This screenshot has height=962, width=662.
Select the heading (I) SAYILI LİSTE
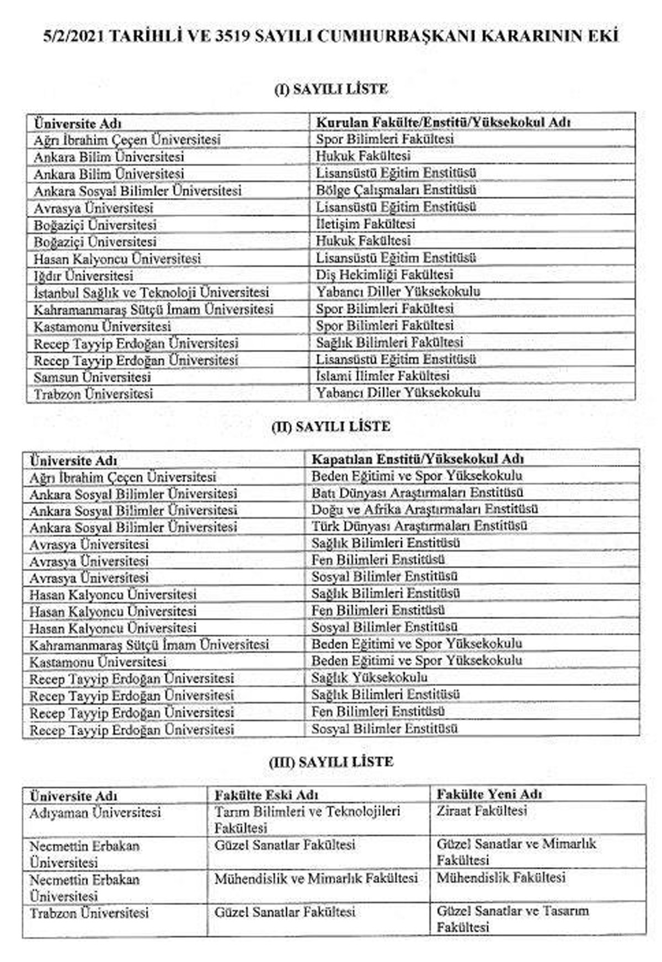(x=331, y=89)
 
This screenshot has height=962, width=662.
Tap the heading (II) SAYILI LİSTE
(x=331, y=427)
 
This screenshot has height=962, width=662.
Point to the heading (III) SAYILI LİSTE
(x=331, y=762)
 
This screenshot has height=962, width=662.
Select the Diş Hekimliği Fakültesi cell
(x=385, y=274)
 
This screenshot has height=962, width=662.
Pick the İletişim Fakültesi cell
(x=365, y=224)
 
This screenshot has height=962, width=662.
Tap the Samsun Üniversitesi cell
(x=92, y=377)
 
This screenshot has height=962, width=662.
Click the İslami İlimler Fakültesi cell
(x=382, y=376)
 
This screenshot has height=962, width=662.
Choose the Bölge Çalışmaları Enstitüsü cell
(x=396, y=190)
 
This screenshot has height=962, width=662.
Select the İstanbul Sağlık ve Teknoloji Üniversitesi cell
(x=151, y=292)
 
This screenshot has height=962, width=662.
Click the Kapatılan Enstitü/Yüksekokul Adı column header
(x=418, y=459)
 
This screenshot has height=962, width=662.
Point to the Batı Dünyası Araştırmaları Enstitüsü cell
(x=417, y=492)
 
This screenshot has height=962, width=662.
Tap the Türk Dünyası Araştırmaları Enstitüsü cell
(x=419, y=526)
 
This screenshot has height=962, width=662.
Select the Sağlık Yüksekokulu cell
(x=369, y=677)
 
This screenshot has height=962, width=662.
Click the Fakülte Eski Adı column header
(x=266, y=795)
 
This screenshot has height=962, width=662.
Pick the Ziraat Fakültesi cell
(x=482, y=811)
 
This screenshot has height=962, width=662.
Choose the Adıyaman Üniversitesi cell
(x=95, y=813)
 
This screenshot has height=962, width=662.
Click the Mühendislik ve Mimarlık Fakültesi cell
(x=316, y=878)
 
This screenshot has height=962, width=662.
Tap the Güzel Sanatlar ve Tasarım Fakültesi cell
(x=512, y=919)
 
